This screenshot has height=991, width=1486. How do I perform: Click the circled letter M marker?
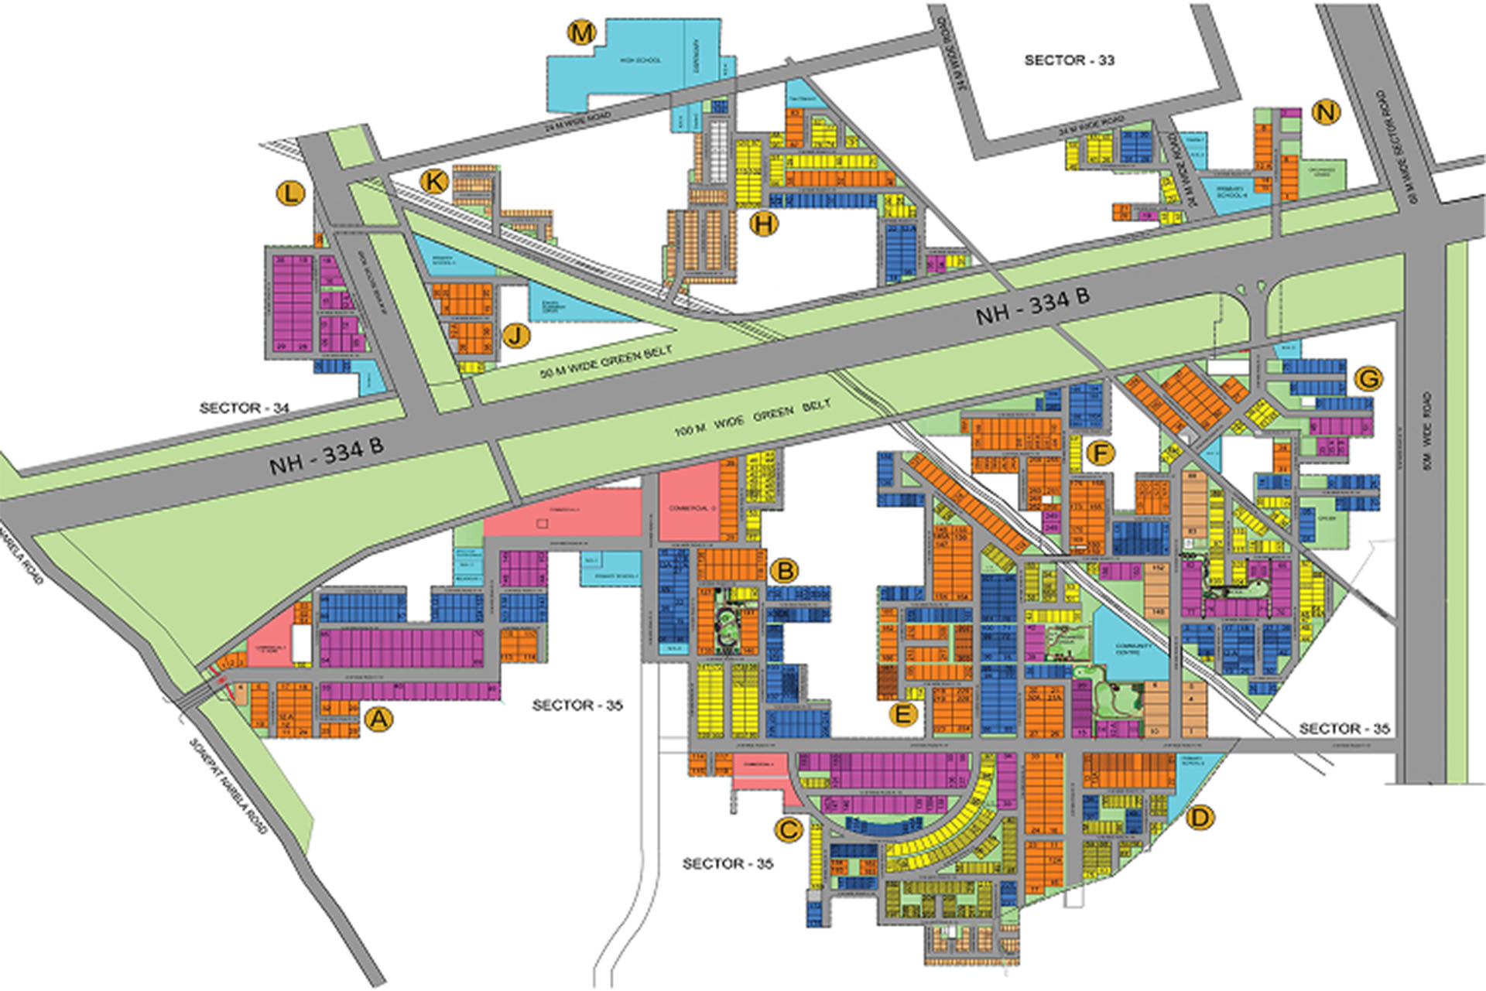tap(581, 33)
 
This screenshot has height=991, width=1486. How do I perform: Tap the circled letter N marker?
tap(1327, 112)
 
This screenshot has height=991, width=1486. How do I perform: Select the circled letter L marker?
tap(290, 193)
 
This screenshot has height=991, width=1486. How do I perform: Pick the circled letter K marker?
tap(434, 182)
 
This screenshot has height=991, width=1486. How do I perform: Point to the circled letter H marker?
tap(764, 224)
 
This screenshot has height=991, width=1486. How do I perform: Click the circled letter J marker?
tap(516, 336)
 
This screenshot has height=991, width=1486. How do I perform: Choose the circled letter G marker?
tap(1368, 378)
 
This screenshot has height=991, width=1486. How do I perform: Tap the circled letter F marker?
tap(1101, 453)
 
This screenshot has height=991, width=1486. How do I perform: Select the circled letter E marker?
tap(902, 713)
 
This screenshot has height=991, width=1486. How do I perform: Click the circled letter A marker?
tap(378, 719)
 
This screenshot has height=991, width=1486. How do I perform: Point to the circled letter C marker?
tap(788, 830)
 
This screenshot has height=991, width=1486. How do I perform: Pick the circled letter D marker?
tap(1200, 817)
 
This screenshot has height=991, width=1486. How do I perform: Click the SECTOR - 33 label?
tap(1069, 60)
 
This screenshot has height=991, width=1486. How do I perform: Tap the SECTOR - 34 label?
tap(244, 408)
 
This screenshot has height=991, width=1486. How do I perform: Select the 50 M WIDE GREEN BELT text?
tap(605, 361)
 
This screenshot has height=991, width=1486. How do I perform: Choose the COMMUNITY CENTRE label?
tap(1134, 648)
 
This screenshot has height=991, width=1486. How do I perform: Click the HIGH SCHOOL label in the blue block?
tap(640, 60)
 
